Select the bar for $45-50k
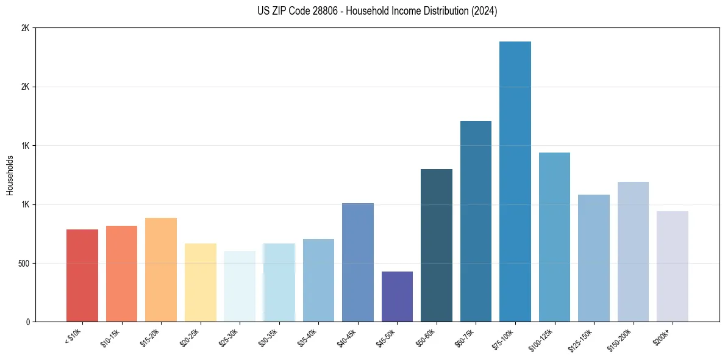click(x=397, y=297)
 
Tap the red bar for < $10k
click(x=82, y=275)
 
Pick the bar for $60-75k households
click(x=476, y=221)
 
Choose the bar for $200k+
click(x=673, y=266)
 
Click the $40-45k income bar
click(x=358, y=262)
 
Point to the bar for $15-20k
click(x=161, y=270)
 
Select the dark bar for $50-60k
click(x=437, y=245)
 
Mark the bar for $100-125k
click(x=554, y=237)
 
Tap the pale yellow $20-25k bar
click(x=201, y=283)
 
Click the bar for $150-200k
click(x=633, y=251)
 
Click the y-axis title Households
click(x=10, y=175)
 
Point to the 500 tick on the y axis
click(x=23, y=264)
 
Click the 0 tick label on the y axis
click(x=27, y=322)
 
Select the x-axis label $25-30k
click(x=229, y=338)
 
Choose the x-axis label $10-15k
click(x=111, y=338)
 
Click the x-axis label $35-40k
click(x=308, y=338)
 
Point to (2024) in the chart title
click(x=484, y=11)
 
